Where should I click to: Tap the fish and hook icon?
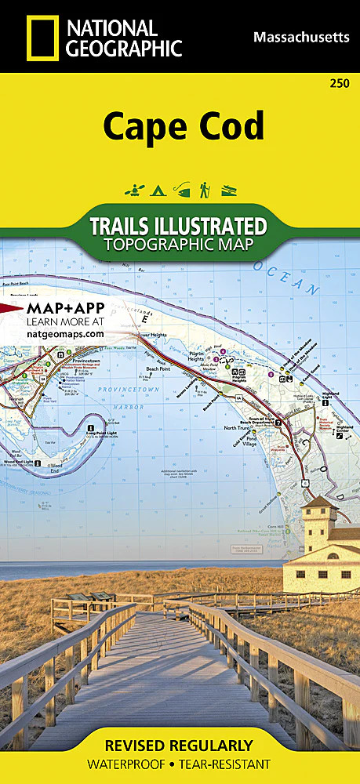coord(181,190)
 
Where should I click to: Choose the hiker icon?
coord(204,190)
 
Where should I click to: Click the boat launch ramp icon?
coord(227,190)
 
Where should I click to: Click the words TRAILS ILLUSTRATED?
coord(179,226)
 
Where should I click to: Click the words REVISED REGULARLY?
coord(180,746)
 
